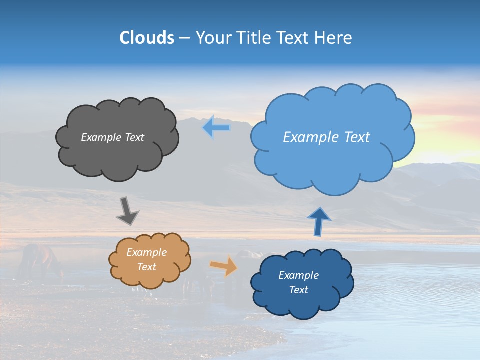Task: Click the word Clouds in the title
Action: (x=147, y=38)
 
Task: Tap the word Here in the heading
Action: (x=334, y=38)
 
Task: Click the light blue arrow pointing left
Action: (x=216, y=128)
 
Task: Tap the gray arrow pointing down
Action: (x=127, y=211)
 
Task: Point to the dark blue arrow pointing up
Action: (x=318, y=222)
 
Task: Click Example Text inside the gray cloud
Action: (x=112, y=137)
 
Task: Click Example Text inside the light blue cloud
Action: (x=326, y=137)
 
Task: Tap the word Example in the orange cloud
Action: (x=146, y=252)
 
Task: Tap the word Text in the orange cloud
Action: (x=146, y=267)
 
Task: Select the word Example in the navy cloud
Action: (x=298, y=275)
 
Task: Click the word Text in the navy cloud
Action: (x=298, y=290)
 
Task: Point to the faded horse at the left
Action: (x=40, y=260)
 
